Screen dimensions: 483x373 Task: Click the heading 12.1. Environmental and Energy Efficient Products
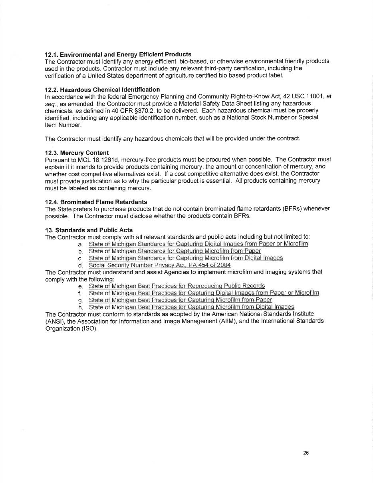118,54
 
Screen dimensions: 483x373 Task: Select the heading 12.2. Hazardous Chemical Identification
102,90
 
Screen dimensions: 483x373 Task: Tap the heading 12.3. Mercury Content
77,153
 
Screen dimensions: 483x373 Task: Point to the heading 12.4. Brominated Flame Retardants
96,202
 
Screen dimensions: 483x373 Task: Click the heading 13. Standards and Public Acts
89,230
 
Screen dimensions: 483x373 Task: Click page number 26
306,453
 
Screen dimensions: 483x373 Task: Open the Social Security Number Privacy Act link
159,265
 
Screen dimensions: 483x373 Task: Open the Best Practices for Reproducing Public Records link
177,286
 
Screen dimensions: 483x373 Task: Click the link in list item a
198,244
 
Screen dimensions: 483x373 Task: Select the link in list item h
191,307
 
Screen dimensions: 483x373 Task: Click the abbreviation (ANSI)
55,321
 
